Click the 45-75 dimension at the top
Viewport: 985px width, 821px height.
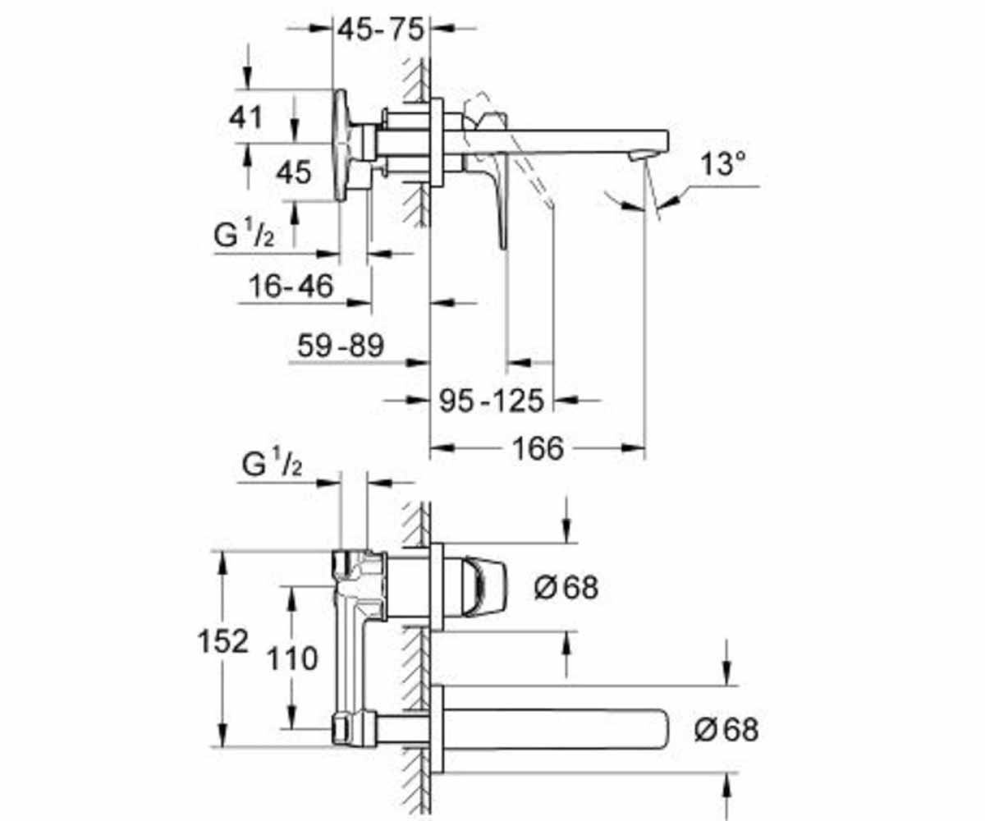pyautogui.click(x=381, y=30)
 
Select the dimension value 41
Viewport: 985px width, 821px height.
pyautogui.click(x=245, y=117)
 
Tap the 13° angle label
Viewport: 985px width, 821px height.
pyautogui.click(x=722, y=163)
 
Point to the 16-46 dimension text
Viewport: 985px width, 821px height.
pyautogui.click(x=291, y=286)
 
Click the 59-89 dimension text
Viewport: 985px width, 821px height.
pyautogui.click(x=341, y=346)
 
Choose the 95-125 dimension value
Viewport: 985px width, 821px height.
pyautogui.click(x=492, y=401)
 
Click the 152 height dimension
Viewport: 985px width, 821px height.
pyautogui.click(x=222, y=641)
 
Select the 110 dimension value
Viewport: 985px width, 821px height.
pyautogui.click(x=292, y=658)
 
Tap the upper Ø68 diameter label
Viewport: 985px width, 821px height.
pyautogui.click(x=566, y=588)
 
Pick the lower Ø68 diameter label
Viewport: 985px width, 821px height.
pyautogui.click(x=726, y=730)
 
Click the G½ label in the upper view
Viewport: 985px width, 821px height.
pyautogui.click(x=244, y=235)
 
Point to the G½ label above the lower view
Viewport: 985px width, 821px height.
pyautogui.click(x=272, y=464)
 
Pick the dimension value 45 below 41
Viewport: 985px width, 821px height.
pyautogui.click(x=293, y=172)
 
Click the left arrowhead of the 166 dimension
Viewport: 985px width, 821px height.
pyautogui.click(x=442, y=447)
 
